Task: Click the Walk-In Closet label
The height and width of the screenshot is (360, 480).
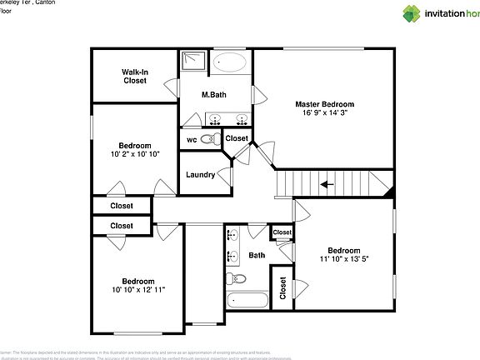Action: (135, 77)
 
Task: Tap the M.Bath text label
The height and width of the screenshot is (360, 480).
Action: (214, 95)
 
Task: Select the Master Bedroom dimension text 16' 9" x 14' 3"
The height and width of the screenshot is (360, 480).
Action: (324, 113)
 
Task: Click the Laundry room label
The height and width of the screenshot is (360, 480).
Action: (200, 175)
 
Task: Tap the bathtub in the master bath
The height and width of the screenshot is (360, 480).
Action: (230, 62)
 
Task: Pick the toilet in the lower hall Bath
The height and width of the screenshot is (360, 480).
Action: (236, 277)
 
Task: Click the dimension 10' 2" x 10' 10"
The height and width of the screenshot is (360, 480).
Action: (134, 154)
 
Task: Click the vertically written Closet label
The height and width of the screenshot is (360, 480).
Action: (283, 289)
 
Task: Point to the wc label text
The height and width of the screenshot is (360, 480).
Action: (191, 139)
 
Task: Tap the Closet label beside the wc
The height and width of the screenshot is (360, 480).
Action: (237, 138)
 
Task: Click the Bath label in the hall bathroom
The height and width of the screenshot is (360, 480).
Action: (257, 255)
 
